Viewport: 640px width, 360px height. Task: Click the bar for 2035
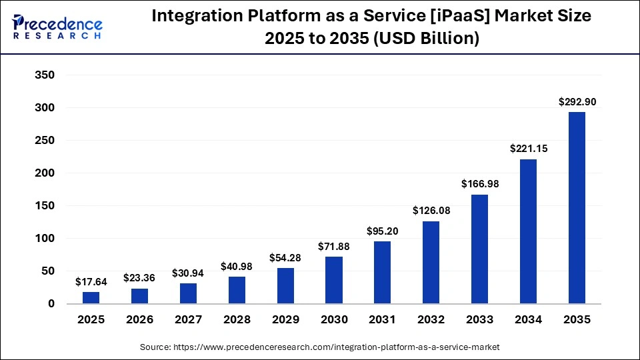point(577,208)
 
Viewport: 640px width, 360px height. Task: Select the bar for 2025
point(91,297)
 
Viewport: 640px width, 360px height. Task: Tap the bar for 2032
point(431,263)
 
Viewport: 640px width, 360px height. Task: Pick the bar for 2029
point(285,286)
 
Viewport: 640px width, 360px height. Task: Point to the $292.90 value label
point(577,102)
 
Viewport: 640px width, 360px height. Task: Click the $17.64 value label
point(91,282)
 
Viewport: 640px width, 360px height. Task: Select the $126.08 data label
point(431,211)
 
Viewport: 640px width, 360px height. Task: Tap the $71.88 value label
point(334,247)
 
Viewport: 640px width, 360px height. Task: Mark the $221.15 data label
point(528,149)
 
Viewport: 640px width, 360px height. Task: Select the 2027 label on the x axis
point(188,320)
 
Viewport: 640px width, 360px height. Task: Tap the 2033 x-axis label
point(479,320)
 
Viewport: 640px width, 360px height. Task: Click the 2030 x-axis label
point(334,320)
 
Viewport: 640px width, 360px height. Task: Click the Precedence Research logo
point(57,27)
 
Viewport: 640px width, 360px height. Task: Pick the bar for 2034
point(528,231)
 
